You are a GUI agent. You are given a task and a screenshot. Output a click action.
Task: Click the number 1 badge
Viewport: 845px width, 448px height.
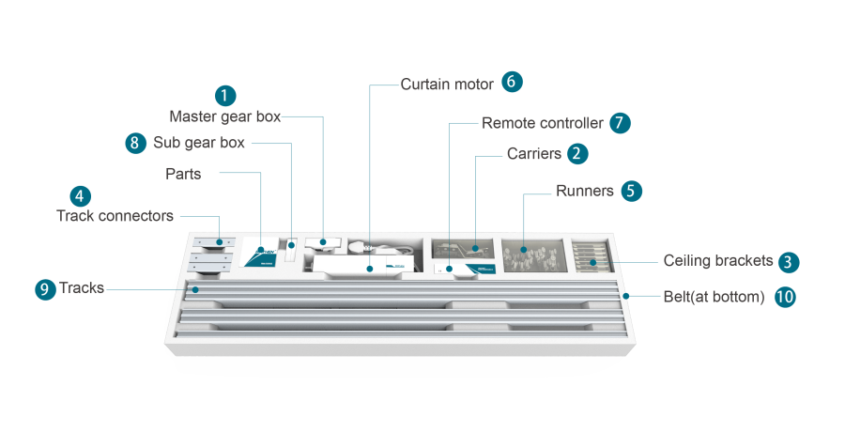pyautogui.click(x=225, y=95)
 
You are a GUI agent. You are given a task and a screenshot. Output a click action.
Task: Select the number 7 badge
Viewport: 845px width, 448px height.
pyautogui.click(x=620, y=123)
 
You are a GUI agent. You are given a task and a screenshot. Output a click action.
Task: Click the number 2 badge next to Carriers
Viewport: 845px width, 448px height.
pyautogui.click(x=578, y=153)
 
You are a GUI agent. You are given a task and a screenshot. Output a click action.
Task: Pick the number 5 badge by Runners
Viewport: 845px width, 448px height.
pyautogui.click(x=632, y=191)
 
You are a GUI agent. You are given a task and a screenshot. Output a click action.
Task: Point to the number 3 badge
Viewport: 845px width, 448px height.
pyautogui.click(x=790, y=262)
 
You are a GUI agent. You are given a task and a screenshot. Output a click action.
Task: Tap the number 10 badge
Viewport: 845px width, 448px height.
pyautogui.click(x=785, y=297)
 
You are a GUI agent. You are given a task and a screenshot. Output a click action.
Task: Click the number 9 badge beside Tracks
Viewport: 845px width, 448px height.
pyautogui.click(x=45, y=289)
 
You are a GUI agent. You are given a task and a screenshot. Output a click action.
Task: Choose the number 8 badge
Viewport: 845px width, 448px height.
pyautogui.click(x=137, y=143)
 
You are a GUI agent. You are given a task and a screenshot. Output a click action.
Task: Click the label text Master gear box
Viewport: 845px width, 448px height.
pyautogui.click(x=224, y=116)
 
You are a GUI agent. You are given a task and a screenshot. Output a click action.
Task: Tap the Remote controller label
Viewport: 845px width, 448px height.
pyautogui.click(x=542, y=123)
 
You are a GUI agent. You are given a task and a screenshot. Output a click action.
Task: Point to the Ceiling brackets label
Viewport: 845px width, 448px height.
pyautogui.click(x=717, y=261)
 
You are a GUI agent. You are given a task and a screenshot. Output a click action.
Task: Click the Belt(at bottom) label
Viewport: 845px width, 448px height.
pyautogui.click(x=714, y=297)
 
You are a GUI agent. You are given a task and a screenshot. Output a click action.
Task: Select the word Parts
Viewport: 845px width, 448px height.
pyautogui.click(x=183, y=174)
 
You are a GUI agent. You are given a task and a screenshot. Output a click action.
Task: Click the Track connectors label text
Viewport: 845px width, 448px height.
pyautogui.click(x=115, y=216)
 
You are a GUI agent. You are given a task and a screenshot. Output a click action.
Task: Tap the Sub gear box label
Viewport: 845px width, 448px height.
pyautogui.click(x=198, y=143)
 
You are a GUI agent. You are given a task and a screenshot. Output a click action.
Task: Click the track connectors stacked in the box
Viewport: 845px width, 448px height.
pyautogui.click(x=215, y=255)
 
